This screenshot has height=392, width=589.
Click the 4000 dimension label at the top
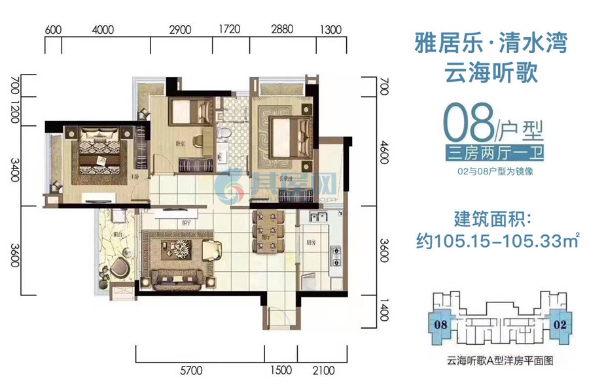point(103,30)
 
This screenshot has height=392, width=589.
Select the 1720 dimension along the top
point(230,30)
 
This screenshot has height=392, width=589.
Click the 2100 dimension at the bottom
point(323,370)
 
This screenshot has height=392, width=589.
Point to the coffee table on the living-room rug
point(173,248)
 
